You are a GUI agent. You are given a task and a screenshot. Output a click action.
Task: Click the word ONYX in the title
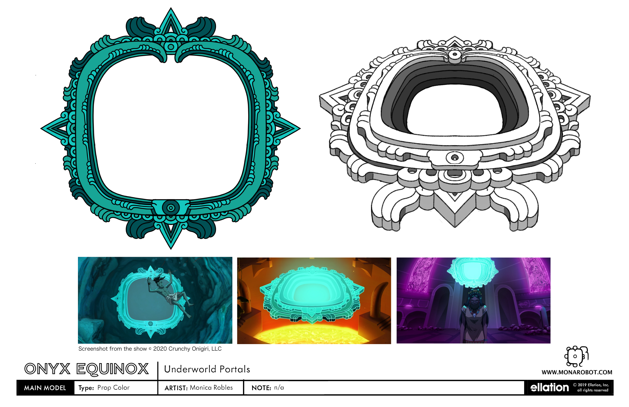[47, 369]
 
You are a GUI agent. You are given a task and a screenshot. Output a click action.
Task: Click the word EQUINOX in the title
[112, 369]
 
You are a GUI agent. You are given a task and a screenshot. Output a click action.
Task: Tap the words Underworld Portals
[207, 369]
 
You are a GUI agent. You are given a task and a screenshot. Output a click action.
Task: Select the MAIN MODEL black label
[45, 388]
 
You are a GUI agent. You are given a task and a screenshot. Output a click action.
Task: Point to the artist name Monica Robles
[211, 388]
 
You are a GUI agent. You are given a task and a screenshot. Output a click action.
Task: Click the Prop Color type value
[113, 388]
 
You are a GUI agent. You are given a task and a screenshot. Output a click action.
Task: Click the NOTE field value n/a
[279, 388]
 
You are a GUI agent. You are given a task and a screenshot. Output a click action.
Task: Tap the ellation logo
[550, 388]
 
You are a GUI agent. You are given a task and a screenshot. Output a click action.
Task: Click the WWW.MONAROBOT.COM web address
[577, 372]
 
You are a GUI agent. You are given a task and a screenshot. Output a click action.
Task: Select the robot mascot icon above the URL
[576, 356]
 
